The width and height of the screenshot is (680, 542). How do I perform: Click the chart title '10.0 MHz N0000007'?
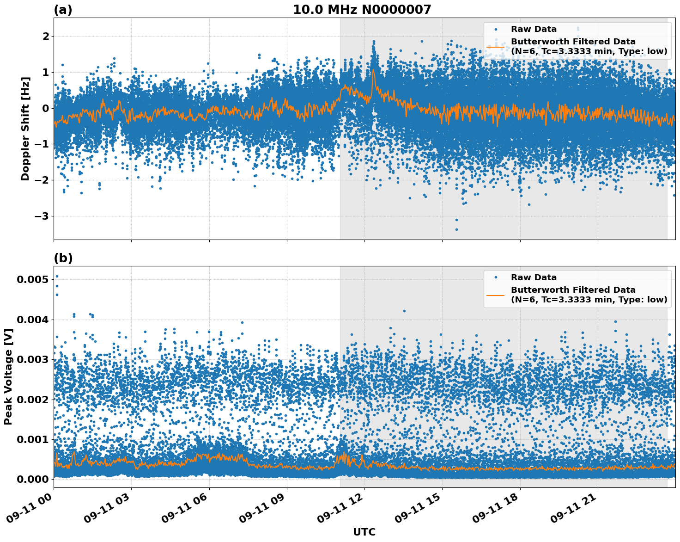pos(362,10)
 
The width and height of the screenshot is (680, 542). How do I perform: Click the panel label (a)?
pos(63,10)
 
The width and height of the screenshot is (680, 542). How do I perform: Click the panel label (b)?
pos(63,258)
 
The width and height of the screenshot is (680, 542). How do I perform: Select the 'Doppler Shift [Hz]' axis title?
pos(25,129)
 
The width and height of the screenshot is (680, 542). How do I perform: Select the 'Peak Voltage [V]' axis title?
pos(8,376)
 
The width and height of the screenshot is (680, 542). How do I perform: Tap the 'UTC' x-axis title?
pos(364,532)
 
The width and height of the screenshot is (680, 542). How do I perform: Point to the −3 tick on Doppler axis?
pos(42,216)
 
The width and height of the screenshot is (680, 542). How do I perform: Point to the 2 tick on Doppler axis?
pos(45,36)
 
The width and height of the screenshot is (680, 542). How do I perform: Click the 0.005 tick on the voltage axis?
pos(32,279)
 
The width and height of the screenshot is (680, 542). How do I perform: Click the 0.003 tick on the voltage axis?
pos(32,359)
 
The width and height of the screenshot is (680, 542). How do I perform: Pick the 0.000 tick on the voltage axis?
pos(32,479)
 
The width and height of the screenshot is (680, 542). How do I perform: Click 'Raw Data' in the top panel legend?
pos(534,29)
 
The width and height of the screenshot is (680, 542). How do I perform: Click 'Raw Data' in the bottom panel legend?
pos(534,277)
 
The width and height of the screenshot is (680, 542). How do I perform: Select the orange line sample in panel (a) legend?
pos(496,47)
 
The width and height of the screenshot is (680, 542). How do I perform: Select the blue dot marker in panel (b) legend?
pos(496,277)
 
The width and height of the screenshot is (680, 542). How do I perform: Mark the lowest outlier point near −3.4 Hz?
pos(456,229)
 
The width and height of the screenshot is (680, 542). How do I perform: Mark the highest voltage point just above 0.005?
pos(57,277)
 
